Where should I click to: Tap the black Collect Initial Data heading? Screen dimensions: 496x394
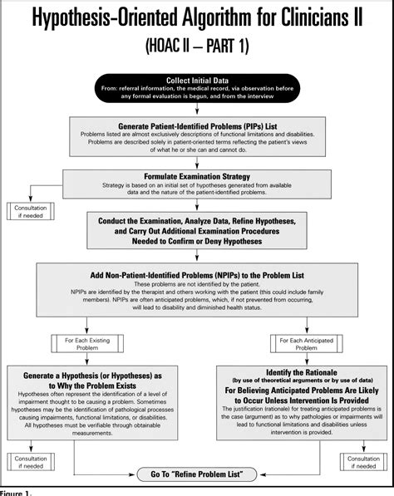tap(196, 80)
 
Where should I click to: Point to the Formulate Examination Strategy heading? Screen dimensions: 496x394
tap(196, 176)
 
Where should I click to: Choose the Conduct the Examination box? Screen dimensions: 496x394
tap(196, 229)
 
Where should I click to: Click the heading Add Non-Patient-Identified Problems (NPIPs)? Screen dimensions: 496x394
tap(196, 274)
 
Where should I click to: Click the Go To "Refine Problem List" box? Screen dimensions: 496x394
tap(196, 474)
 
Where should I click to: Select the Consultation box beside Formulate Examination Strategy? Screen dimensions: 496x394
tap(27, 211)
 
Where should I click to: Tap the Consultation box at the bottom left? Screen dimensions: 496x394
tap(27, 460)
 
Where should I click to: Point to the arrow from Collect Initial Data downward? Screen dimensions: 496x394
tap(196, 106)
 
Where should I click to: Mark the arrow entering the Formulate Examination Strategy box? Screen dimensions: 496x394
tap(196, 164)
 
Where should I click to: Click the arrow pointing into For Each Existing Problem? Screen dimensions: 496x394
tap(87, 331)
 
